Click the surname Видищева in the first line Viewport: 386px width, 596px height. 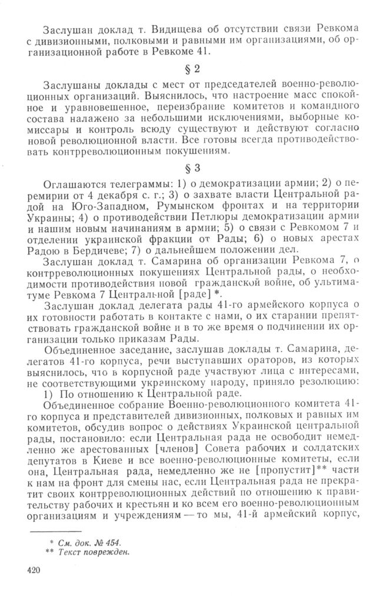pos(173,28)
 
